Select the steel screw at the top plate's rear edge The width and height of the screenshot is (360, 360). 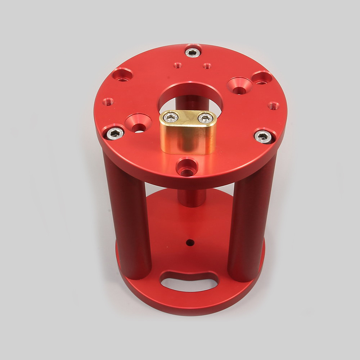point(193,52)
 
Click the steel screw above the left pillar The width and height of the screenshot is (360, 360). point(115,133)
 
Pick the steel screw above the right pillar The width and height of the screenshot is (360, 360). point(263,136)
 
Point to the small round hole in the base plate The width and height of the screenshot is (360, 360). point(190,243)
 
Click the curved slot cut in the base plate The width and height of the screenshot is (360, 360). point(189,281)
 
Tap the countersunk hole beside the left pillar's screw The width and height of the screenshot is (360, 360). point(138,123)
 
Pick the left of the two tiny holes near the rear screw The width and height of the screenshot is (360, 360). point(177,66)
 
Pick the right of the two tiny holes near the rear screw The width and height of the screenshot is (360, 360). point(207,66)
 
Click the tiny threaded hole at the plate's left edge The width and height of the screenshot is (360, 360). point(108,102)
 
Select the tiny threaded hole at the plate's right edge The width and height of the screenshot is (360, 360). point(274,106)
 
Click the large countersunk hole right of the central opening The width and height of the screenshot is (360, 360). point(239,86)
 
